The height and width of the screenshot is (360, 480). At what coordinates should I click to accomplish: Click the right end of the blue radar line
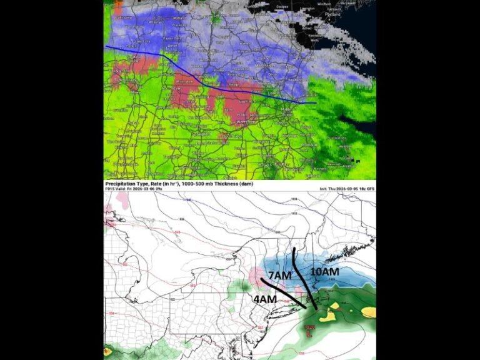tap(315, 102)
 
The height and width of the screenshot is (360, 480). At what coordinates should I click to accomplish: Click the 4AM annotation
tap(264, 299)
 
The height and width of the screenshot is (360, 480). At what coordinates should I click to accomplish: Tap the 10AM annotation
tap(324, 272)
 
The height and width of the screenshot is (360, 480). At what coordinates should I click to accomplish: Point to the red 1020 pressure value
tap(309, 327)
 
